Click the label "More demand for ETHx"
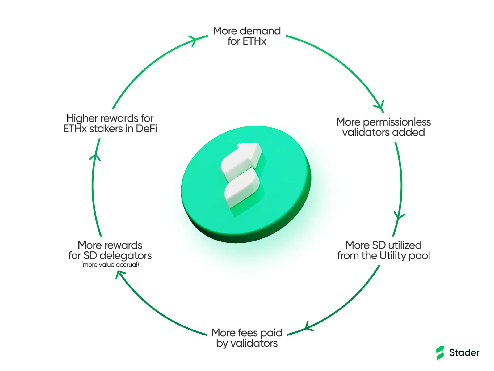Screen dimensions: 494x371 point(247,36)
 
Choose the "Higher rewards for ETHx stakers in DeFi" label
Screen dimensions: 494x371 point(110,123)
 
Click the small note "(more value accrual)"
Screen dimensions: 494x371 point(110,264)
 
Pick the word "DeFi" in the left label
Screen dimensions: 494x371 point(146,129)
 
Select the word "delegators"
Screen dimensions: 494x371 point(126,256)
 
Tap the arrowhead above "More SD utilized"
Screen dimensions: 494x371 point(399,216)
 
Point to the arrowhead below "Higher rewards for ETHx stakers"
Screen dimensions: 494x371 point(95,157)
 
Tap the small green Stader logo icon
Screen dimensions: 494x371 point(440,353)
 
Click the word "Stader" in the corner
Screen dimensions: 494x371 point(464,352)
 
